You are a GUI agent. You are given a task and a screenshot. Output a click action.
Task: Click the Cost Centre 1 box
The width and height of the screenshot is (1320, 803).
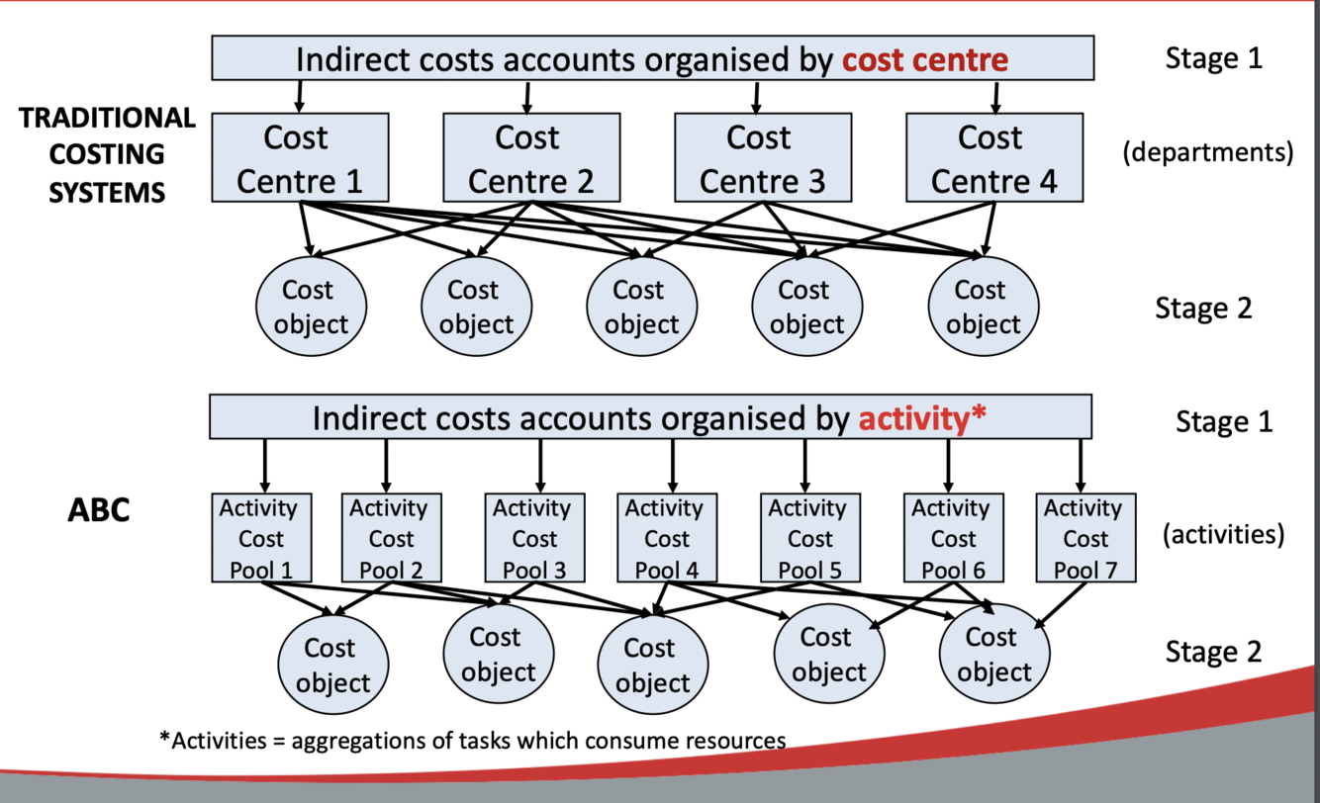click(298, 158)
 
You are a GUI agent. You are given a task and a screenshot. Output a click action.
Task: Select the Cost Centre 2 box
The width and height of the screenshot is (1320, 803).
click(530, 158)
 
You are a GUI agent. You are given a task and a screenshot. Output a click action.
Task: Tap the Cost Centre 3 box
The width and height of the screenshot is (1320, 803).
click(761, 158)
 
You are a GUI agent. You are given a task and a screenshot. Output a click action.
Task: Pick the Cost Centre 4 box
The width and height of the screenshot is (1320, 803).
click(993, 158)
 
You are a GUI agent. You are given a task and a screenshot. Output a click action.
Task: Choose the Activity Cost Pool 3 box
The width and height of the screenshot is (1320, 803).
click(533, 538)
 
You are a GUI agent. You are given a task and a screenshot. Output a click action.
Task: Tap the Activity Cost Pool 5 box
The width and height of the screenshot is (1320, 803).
click(808, 538)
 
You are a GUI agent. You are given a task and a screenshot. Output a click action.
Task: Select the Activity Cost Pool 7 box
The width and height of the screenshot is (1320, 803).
click(1084, 538)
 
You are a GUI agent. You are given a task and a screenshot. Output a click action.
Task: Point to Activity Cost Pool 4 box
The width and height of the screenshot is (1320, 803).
click(666, 538)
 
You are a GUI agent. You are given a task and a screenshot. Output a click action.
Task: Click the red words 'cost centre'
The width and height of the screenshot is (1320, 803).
click(924, 60)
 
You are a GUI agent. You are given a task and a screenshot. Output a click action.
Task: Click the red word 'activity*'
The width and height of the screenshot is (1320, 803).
click(922, 417)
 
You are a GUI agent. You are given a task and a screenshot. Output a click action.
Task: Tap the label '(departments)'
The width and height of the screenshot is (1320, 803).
click(1207, 154)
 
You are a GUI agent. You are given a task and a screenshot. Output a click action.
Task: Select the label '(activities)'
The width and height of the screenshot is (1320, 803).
click(1223, 535)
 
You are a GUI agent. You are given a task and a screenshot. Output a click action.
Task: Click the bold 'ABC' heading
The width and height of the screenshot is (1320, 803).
click(99, 511)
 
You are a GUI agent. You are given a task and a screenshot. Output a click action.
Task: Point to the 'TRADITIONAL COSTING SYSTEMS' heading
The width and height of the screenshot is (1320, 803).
click(107, 154)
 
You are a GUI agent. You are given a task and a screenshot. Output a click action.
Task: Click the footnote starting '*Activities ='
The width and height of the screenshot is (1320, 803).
click(473, 740)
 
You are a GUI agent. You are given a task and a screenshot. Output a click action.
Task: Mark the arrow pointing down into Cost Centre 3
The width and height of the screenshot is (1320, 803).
click(757, 96)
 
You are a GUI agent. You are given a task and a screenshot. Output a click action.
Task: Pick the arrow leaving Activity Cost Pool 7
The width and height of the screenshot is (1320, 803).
click(1063, 603)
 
